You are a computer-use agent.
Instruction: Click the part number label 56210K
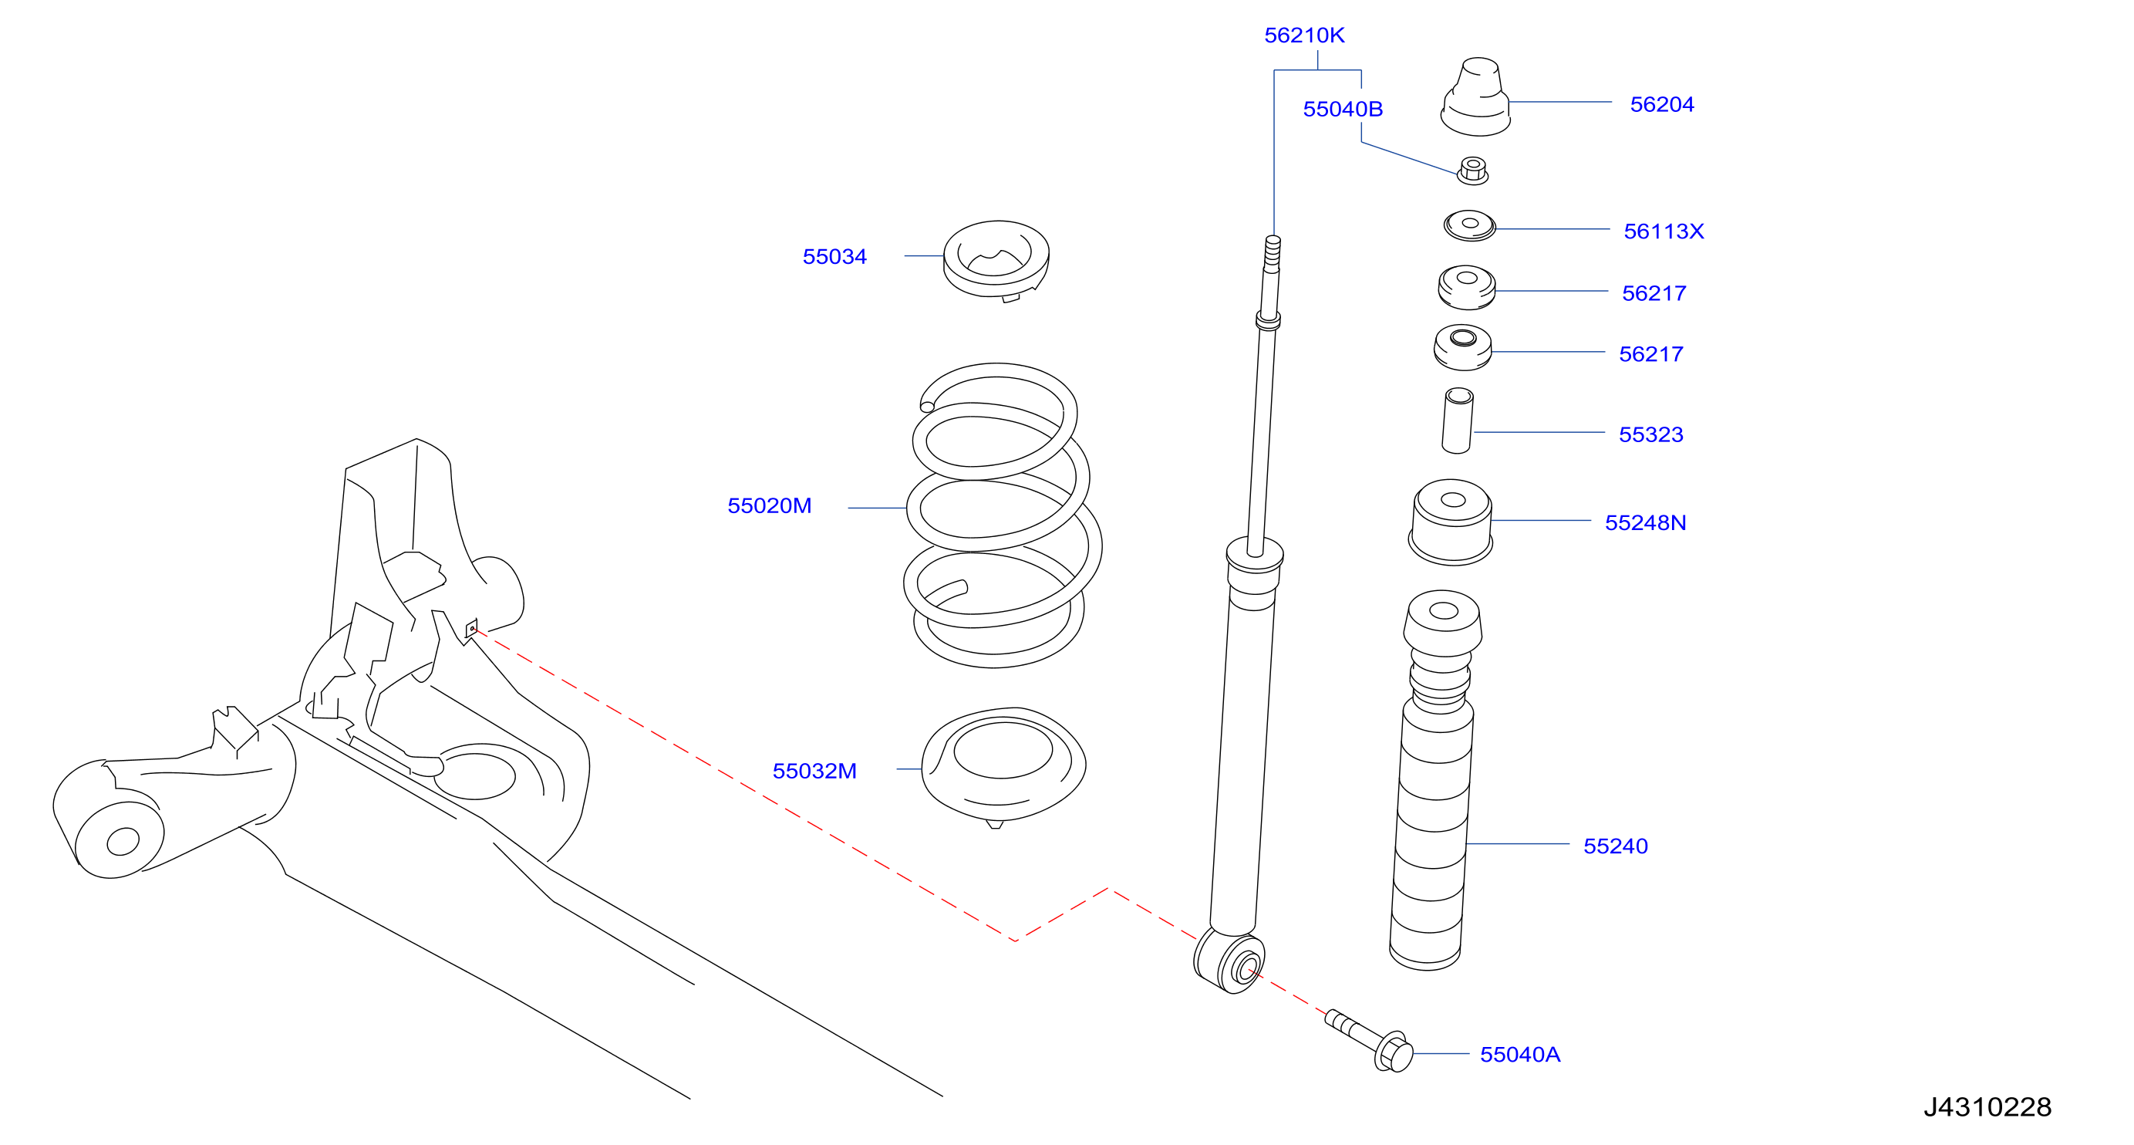click(1304, 35)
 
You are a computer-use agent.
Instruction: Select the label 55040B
click(1343, 110)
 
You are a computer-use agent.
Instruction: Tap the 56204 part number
click(1662, 104)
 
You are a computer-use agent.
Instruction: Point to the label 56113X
click(1664, 231)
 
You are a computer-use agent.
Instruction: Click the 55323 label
click(1651, 434)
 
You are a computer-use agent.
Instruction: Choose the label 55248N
click(1645, 523)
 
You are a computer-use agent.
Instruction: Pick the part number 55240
click(1616, 846)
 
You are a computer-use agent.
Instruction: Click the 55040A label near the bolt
click(1520, 1054)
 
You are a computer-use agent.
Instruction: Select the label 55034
click(834, 257)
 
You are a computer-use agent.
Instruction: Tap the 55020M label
click(770, 505)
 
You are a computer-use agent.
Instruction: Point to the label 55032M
click(814, 771)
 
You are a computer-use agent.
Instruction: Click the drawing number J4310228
click(1987, 1107)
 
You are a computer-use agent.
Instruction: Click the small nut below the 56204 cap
click(1473, 171)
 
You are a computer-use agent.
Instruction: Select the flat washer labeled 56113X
click(1470, 225)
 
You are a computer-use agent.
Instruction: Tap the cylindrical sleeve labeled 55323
click(1458, 421)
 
